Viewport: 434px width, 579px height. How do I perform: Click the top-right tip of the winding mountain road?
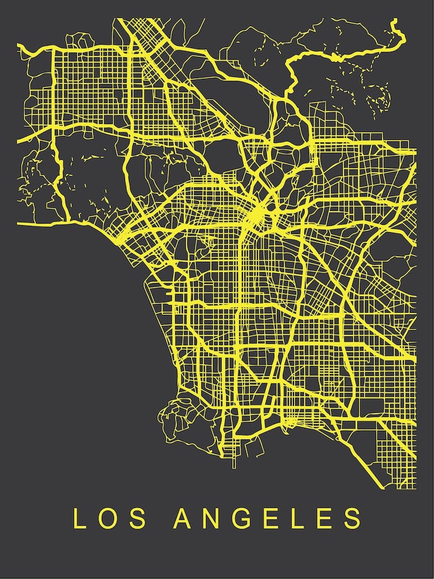[x=395, y=22]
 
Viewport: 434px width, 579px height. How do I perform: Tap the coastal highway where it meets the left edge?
[x=19, y=223]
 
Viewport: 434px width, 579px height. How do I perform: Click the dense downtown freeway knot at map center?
[x=258, y=217]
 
